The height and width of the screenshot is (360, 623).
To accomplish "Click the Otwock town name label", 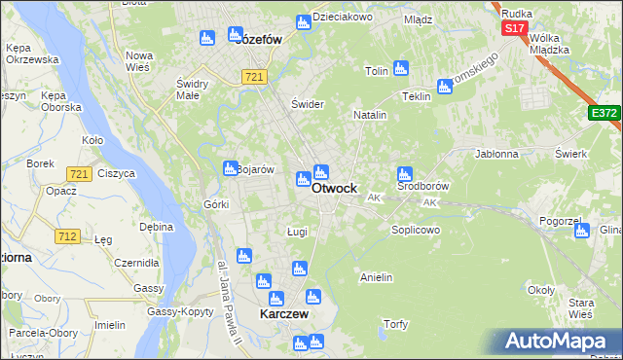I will pos(334,188).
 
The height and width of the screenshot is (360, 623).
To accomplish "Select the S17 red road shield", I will pos(515,29).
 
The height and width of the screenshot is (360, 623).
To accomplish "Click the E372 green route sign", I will pos(604,114).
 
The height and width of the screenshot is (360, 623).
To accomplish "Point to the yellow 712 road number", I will pos(67,235).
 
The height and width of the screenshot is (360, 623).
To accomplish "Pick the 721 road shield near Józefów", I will pos(255,77).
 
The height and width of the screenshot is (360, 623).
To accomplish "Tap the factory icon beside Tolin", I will pos(401,69).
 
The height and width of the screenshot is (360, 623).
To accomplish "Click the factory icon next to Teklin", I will pos(445,88).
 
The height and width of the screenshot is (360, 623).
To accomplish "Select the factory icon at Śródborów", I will pos(405,175).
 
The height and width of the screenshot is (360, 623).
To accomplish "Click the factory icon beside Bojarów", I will pos(230,167).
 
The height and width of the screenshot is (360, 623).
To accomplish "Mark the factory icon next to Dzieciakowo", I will pos(303,22).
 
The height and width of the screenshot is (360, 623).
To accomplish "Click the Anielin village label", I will pos(376,277).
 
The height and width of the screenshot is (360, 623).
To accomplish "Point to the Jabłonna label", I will pos(496,154).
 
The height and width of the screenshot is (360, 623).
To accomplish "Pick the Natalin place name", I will pos(370,115).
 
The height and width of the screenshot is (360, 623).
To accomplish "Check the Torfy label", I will pos(395,323).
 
